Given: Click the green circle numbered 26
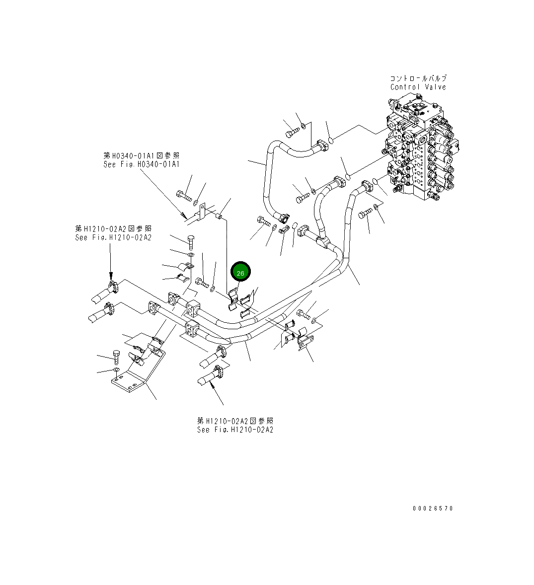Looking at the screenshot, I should click(x=241, y=273).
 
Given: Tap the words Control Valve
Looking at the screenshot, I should click(x=418, y=87).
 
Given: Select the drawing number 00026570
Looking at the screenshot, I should click(x=432, y=509).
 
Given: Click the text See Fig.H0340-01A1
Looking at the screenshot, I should click(x=142, y=164).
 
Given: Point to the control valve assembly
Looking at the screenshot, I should click(x=420, y=149).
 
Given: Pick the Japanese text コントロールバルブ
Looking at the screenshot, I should click(x=418, y=78).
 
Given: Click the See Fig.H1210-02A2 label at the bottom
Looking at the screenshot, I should click(x=235, y=430).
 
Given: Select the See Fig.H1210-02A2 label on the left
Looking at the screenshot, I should click(x=113, y=237).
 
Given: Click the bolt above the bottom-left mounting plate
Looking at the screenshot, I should click(x=116, y=357).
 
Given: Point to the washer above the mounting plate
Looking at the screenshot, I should click(x=116, y=370).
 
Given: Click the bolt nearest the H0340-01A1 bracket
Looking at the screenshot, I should click(x=184, y=196).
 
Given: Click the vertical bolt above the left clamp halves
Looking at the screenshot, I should click(x=191, y=243).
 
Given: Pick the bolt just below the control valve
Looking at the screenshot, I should click(x=365, y=214).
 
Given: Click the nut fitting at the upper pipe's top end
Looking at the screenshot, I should click(x=322, y=145).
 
